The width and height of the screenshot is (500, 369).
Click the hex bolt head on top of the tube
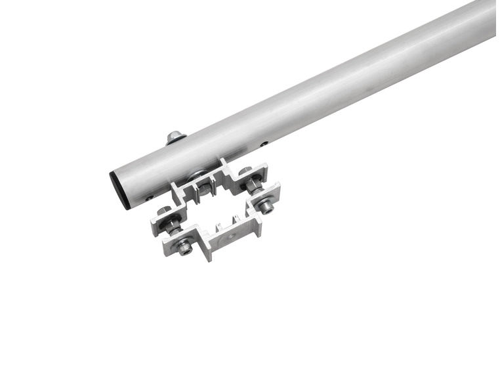[x=175, y=136]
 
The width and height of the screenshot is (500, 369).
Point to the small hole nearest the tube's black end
[x=150, y=196]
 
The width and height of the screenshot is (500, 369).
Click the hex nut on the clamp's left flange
[x=163, y=212]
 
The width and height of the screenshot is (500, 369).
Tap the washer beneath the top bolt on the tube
[x=176, y=141]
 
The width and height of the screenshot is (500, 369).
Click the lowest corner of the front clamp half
[x=209, y=259]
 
